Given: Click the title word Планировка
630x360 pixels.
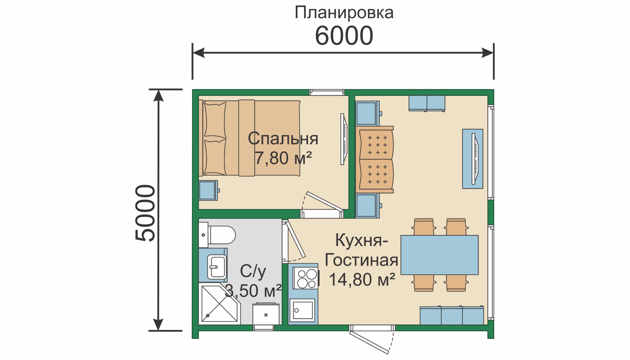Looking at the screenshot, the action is click(344, 13).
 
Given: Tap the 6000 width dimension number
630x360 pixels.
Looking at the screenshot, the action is click(344, 36).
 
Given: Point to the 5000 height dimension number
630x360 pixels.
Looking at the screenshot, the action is click(145, 213).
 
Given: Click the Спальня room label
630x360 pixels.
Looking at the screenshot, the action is click(283, 138).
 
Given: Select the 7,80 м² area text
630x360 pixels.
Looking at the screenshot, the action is click(283, 158).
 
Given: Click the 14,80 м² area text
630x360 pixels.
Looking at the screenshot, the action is click(362, 279).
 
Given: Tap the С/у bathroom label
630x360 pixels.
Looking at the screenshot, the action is click(253, 271).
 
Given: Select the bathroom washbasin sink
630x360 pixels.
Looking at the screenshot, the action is click(217, 267).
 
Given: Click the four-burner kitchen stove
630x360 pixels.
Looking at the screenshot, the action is click(306, 278).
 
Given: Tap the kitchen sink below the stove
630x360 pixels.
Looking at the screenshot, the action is click(302, 310).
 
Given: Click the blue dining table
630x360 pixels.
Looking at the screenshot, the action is click(439, 255).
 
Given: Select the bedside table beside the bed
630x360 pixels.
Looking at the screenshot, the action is click(208, 190).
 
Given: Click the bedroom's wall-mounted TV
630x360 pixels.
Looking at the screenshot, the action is click(343, 139).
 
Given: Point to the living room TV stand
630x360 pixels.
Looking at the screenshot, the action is click(472, 159).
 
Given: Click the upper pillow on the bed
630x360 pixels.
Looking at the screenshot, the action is click(215, 120).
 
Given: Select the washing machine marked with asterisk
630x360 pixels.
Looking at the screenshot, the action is click(266, 314).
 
